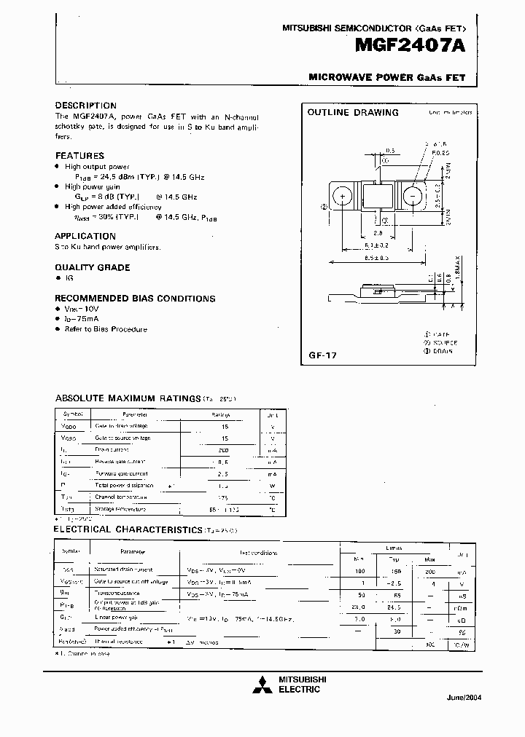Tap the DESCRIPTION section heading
(85, 106)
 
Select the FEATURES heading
(79, 155)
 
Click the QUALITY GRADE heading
(92, 267)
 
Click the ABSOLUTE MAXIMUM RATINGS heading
(128, 398)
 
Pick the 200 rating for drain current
(225, 451)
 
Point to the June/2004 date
(464, 697)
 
